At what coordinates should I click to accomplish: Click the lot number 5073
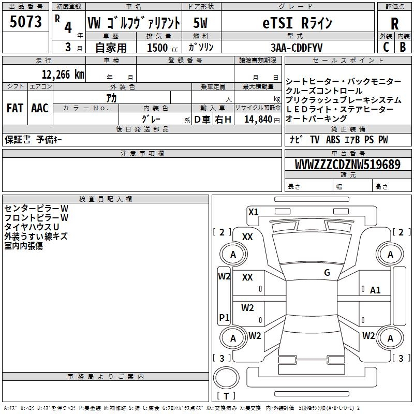pos(25,23)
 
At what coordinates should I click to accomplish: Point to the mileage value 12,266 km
pos(63,74)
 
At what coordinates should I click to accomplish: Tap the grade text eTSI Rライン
pos(295,23)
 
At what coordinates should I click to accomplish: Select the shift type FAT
pos(14,108)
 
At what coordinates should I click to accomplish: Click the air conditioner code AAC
pos(39,108)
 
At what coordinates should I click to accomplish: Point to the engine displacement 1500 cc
pos(160,47)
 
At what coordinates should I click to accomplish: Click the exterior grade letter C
pos(386,47)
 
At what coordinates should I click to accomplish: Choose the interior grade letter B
pos(402,47)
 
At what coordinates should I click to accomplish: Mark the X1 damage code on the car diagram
pos(253,212)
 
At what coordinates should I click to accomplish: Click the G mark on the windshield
pos(327,273)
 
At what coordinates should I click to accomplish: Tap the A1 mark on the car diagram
pos(375,290)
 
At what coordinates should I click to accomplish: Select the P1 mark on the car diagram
pos(224,317)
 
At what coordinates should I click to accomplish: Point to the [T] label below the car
pos(226,396)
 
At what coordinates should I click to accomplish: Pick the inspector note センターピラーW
pos(36,209)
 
